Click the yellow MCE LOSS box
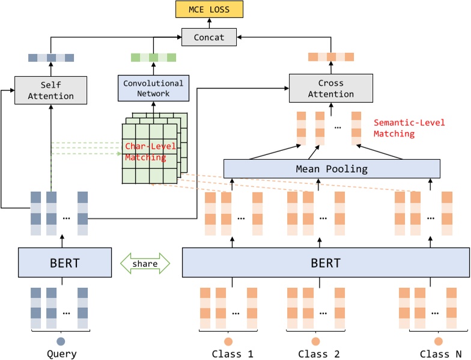click(209, 10)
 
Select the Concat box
click(209, 37)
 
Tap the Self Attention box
click(51, 90)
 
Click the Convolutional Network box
click(154, 88)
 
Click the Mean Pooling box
click(331, 169)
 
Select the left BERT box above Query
click(65, 263)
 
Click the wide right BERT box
click(325, 263)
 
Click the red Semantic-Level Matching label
click(409, 128)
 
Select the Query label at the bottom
click(62, 353)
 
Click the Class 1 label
click(232, 353)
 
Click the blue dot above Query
click(62, 340)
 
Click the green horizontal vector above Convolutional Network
click(154, 58)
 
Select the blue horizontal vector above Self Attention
click(51, 58)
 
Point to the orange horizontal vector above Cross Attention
click(330, 58)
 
